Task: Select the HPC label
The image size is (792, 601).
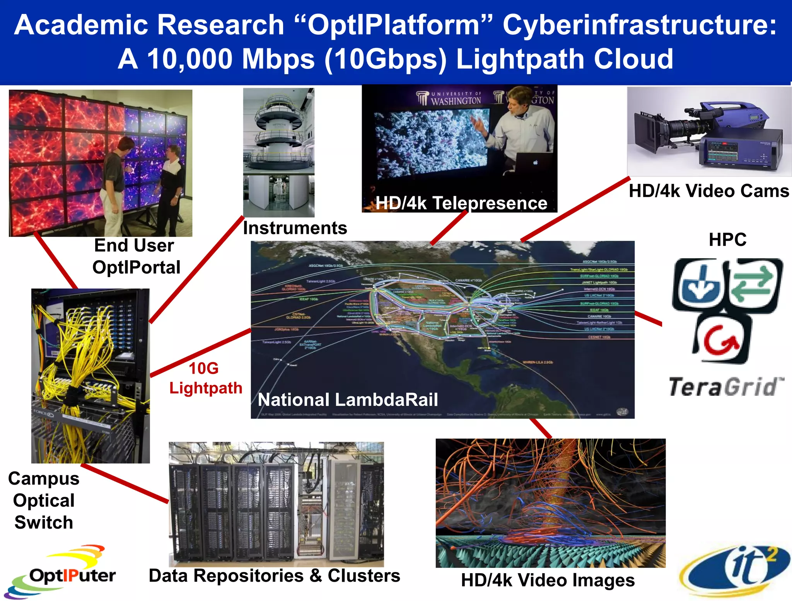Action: (727, 240)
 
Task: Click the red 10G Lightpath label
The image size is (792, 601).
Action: (205, 378)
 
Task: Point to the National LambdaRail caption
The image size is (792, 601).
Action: (348, 400)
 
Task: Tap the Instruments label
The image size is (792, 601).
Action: (295, 228)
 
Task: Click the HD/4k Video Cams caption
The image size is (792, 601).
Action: (708, 191)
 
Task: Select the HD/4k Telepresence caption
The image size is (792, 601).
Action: (461, 203)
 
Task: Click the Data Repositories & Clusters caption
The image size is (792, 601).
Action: (274, 575)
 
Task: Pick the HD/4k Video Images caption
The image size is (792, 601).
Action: (548, 580)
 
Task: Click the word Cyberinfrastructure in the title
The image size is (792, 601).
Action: (639, 25)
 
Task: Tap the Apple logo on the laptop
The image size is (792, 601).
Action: (535, 163)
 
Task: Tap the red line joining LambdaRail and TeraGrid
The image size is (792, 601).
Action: (648, 318)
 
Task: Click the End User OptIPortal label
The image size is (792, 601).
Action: (136, 256)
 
